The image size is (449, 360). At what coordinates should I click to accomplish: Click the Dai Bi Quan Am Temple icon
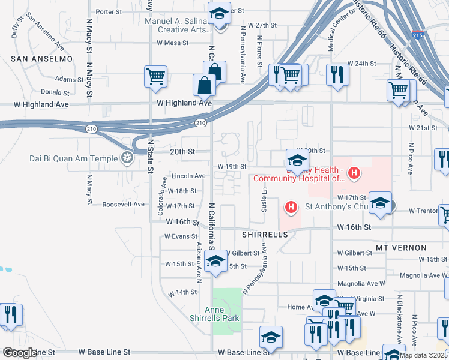click(127, 158)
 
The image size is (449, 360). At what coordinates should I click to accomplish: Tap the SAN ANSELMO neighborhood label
click(41, 59)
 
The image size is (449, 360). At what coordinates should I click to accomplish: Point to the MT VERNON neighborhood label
click(401, 247)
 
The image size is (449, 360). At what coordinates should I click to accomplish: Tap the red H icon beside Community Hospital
click(354, 173)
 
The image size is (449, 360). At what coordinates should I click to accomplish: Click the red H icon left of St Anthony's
click(291, 208)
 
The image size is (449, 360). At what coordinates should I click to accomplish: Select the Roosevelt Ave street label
click(124, 204)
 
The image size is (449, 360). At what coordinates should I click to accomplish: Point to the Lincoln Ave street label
click(188, 176)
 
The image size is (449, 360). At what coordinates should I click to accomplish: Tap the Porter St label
click(109, 11)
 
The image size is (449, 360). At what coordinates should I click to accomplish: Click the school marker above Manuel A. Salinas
click(219, 12)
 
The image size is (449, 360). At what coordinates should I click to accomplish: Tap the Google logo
click(19, 353)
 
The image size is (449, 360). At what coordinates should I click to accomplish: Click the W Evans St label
click(181, 236)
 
